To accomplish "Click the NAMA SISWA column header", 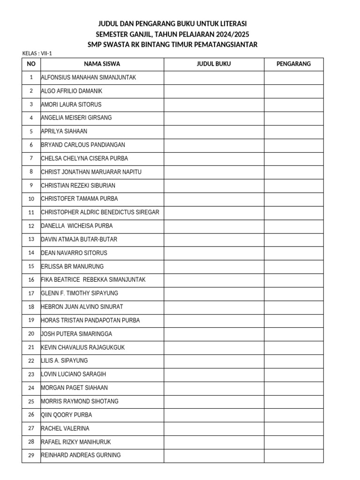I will tap(102, 64).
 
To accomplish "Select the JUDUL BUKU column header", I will tap(213, 64).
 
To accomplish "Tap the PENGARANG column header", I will tap(293, 64).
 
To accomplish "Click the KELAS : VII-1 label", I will tap(37, 53).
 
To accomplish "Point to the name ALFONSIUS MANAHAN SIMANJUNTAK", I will tap(89, 77).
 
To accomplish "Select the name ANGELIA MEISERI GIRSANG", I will tap(76, 118).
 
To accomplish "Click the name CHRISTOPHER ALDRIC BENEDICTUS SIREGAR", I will tap(100, 212).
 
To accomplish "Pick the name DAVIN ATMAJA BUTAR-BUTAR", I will tap(79, 240).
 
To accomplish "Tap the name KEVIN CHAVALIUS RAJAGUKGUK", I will tap(83, 347).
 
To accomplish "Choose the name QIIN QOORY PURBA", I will tap(67, 415).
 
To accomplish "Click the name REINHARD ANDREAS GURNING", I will tap(81, 455).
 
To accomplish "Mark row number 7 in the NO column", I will tap(31, 158).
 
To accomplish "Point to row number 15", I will tap(31, 266).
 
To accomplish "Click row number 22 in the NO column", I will tap(31, 361).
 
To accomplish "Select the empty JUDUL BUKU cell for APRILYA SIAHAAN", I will tap(213, 131).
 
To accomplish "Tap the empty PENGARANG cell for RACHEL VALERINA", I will tap(293, 428).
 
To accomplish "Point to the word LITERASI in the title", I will tap(231, 23).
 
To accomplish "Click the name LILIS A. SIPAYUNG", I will tap(65, 361).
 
